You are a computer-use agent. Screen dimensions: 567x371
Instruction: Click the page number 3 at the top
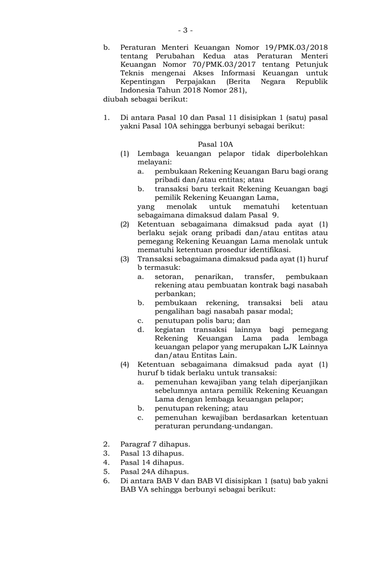point(185,30)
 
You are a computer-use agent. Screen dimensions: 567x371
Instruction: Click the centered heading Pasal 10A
point(215,145)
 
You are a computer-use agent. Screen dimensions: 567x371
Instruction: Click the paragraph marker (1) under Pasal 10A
point(124,154)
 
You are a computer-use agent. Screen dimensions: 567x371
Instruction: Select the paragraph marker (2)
point(124,224)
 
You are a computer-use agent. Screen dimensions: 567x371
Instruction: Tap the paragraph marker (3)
point(124,259)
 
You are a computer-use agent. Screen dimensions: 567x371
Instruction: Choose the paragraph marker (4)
point(124,363)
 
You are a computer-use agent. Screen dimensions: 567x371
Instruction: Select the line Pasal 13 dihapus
point(151,453)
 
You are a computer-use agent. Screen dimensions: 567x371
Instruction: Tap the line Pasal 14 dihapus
point(151,462)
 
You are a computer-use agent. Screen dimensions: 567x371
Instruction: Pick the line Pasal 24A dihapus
point(154,471)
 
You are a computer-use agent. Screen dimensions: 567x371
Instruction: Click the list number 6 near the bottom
point(106,480)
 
